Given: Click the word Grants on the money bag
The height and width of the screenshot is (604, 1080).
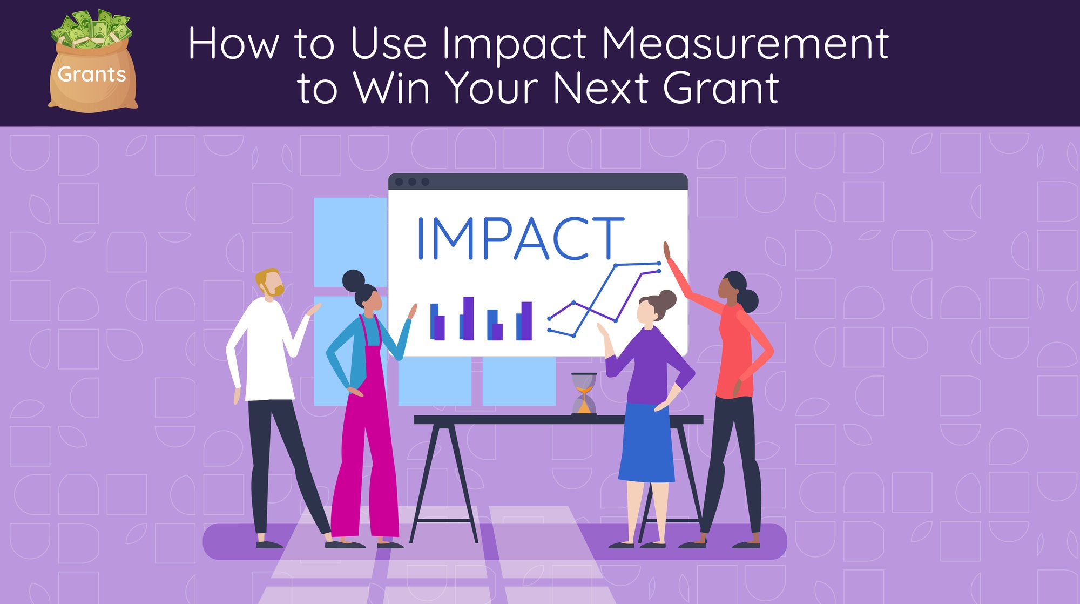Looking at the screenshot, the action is click(92, 74).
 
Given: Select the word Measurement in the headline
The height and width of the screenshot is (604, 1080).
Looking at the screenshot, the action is click(745, 43).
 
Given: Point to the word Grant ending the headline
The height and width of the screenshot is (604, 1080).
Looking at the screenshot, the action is click(720, 88).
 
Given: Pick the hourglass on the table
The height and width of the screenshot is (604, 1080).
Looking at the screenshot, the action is click(584, 393).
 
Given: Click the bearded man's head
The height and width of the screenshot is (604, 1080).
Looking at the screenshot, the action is click(270, 283).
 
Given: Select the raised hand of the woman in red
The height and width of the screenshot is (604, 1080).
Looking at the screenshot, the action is click(667, 251).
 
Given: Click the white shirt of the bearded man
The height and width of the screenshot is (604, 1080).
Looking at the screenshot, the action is click(265, 351).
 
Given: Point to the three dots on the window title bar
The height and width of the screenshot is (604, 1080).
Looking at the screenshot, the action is click(412, 182).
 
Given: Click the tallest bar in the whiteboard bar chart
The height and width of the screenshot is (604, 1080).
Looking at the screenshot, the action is click(468, 318).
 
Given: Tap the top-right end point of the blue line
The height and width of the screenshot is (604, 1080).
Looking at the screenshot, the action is click(659, 263).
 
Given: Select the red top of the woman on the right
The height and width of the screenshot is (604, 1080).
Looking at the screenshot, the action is click(734, 346).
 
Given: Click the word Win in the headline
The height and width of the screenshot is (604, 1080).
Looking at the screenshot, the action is click(391, 88).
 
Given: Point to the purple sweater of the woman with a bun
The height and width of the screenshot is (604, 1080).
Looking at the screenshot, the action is click(648, 365).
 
